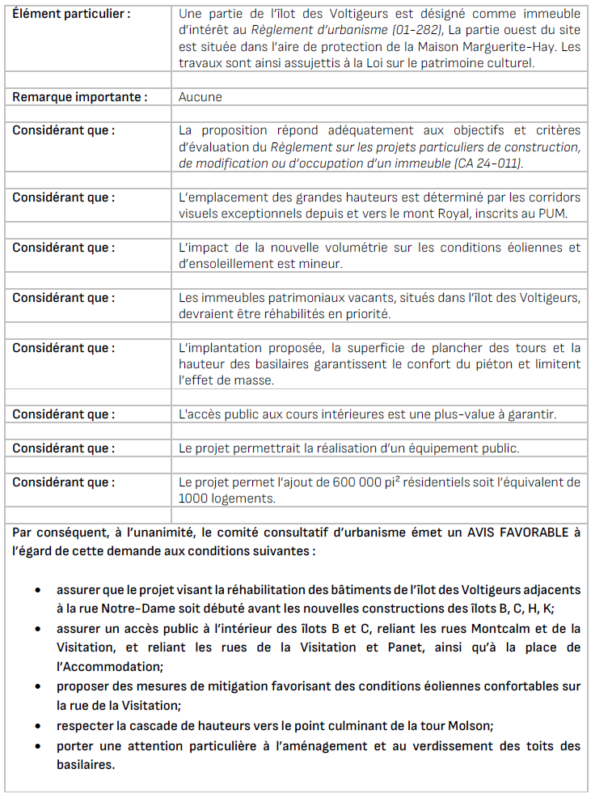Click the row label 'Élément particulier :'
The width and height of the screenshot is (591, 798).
click(x=71, y=15)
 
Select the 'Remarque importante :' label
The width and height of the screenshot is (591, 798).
click(x=79, y=97)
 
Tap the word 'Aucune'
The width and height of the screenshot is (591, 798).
click(x=200, y=97)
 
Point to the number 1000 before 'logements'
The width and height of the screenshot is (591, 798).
click(x=192, y=499)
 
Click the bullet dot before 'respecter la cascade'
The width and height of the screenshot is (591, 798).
click(x=38, y=725)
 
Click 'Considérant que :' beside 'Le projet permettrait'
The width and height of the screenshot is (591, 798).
click(x=63, y=448)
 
